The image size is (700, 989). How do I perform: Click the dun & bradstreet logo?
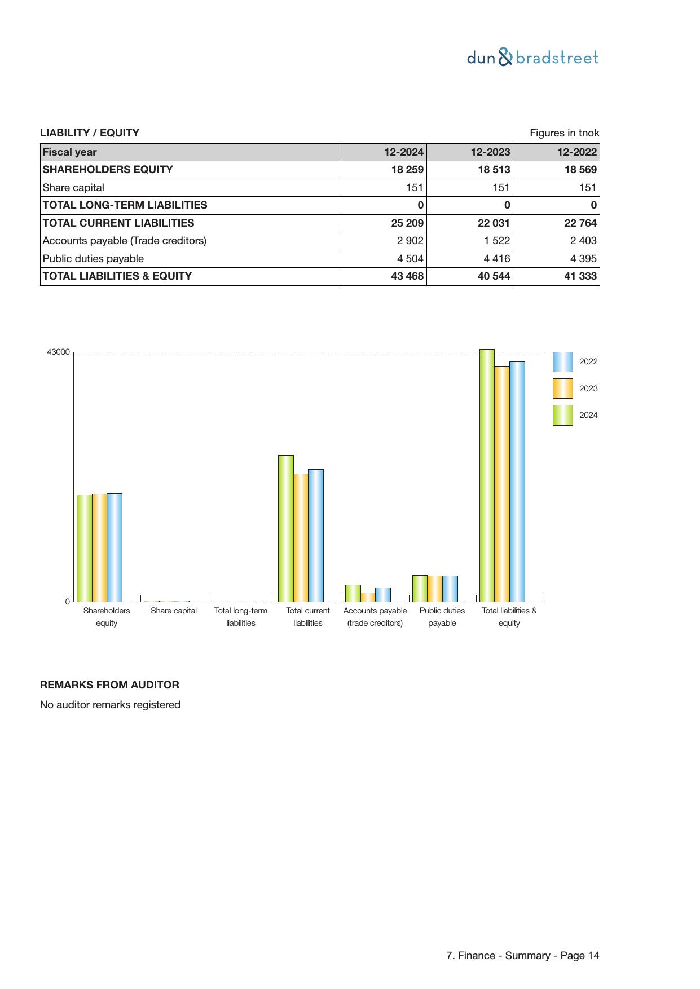click(x=532, y=58)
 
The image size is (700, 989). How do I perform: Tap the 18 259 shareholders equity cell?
click(x=407, y=170)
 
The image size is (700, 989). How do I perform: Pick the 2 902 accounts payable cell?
click(x=410, y=241)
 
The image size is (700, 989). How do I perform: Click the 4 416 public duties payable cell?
click(x=496, y=259)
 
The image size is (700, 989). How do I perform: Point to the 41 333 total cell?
click(x=580, y=276)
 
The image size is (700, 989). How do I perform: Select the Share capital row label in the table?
click(x=73, y=188)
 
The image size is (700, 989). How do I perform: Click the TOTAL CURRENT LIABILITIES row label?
click(x=118, y=223)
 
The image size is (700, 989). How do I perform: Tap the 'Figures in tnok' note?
click(x=564, y=133)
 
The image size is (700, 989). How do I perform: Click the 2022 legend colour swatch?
click(x=562, y=362)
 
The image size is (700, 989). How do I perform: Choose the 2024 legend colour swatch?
click(x=562, y=415)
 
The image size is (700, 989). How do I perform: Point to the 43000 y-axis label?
click(x=58, y=352)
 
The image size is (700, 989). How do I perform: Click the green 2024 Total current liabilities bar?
click(x=285, y=528)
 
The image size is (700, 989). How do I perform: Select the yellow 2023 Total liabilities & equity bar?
click(x=502, y=484)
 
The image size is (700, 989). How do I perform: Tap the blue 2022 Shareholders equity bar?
click(x=115, y=548)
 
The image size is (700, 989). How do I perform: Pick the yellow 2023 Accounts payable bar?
click(x=368, y=597)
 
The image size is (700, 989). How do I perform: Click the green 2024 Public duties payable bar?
click(x=420, y=589)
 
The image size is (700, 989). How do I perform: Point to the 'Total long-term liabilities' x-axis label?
click(x=241, y=617)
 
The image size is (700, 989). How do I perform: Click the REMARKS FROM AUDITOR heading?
click(x=109, y=685)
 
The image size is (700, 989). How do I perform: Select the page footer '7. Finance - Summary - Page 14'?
click(x=522, y=956)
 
